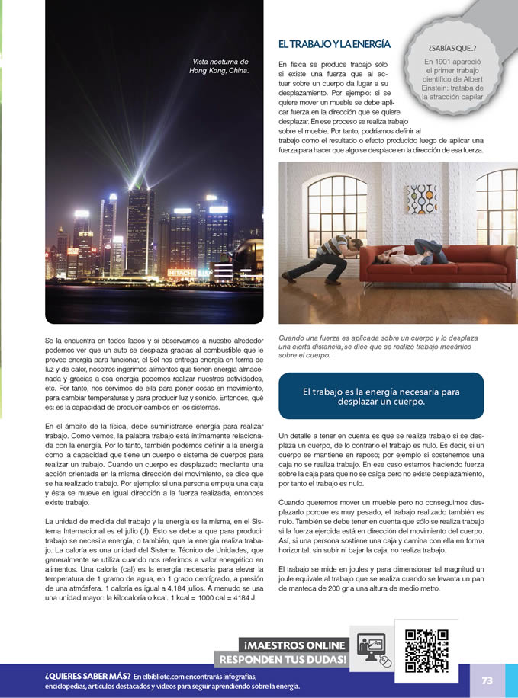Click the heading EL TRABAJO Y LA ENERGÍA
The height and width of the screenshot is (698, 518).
click(x=334, y=44)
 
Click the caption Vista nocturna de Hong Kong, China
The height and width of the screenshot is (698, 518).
click(x=220, y=66)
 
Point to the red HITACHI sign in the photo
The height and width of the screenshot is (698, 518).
click(x=182, y=272)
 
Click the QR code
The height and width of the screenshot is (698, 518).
click(x=426, y=652)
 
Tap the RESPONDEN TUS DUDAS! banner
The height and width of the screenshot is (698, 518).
click(x=283, y=659)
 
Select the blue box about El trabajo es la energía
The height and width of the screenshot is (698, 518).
click(x=381, y=396)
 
